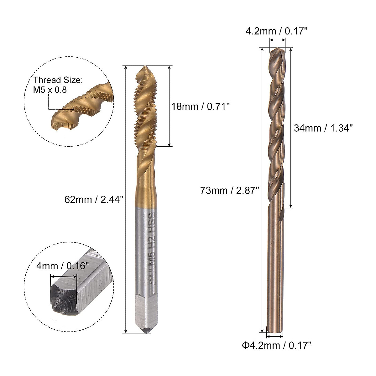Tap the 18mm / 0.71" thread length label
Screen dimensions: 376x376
201,107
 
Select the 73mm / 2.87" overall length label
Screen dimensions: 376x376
229,190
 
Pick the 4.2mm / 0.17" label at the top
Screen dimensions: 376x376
277,31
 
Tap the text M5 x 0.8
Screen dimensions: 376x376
50,90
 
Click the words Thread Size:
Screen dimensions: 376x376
58,80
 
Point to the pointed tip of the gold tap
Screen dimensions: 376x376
145,68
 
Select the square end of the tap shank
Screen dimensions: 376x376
146,310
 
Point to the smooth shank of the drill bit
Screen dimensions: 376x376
276,266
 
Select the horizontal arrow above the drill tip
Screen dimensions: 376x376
278,40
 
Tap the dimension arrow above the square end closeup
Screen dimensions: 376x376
64,276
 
